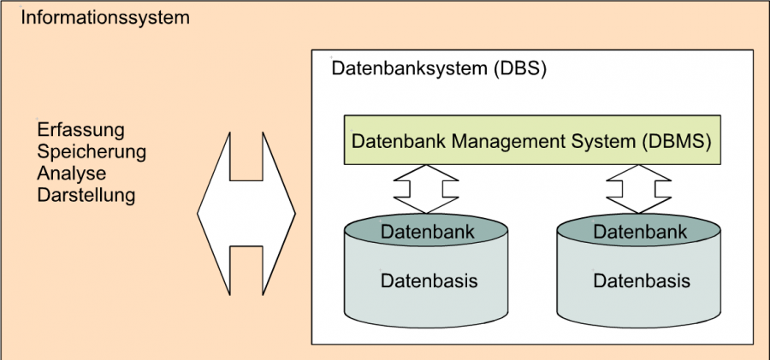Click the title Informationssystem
click(x=104, y=18)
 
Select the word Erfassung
click(x=81, y=130)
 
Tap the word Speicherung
click(x=92, y=152)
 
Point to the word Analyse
click(x=72, y=174)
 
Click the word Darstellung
click(x=86, y=195)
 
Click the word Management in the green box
click(x=521, y=141)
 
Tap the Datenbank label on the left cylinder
click(x=427, y=232)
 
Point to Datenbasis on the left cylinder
click(x=429, y=280)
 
